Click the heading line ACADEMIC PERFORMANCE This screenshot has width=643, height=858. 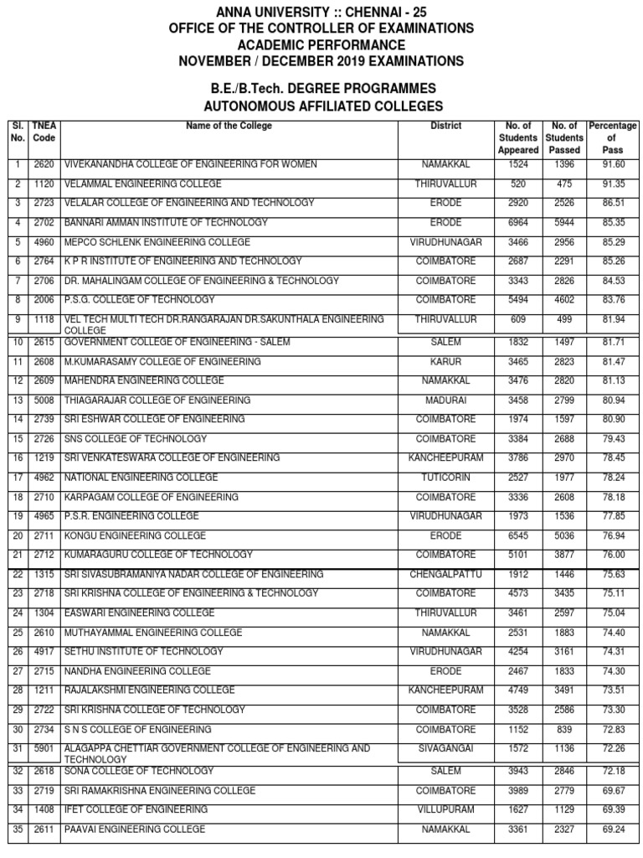point(321,44)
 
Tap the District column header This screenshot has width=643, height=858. point(445,127)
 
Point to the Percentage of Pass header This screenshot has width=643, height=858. point(612,137)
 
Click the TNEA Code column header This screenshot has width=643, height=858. point(44,132)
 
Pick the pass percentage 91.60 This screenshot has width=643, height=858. point(613,165)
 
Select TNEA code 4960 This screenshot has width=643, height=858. point(44,242)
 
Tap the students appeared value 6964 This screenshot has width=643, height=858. point(518,223)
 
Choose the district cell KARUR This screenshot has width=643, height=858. point(445,362)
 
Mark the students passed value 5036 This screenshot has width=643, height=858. point(563,535)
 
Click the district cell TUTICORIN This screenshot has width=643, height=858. point(445,478)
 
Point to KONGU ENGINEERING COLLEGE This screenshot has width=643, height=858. point(135,535)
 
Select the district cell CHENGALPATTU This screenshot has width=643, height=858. point(445,575)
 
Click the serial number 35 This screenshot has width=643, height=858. point(17,830)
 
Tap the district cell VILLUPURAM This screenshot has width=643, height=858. point(445,810)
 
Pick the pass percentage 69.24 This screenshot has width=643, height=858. point(613,830)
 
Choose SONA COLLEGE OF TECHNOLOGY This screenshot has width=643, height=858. point(138,771)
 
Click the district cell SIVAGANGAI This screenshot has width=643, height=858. point(445,748)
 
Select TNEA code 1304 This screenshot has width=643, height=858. point(44,612)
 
